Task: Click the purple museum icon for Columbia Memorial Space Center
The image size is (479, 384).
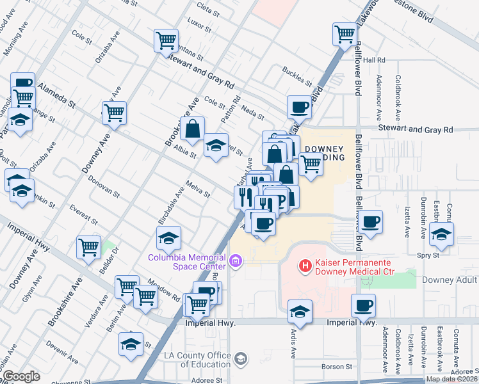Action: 236,261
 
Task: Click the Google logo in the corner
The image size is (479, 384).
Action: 21,376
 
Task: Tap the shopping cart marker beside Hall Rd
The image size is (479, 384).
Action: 345,33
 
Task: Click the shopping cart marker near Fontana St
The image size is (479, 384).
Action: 166,40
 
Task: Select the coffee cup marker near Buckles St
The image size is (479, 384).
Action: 299,106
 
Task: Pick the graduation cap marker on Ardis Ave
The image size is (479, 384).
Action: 299,312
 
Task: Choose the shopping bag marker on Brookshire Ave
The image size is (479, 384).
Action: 192,129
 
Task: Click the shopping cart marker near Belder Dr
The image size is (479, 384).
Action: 88,247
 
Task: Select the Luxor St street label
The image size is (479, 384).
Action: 199,26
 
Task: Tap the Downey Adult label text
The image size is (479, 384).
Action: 451,280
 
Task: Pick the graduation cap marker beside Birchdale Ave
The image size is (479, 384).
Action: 168,239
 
